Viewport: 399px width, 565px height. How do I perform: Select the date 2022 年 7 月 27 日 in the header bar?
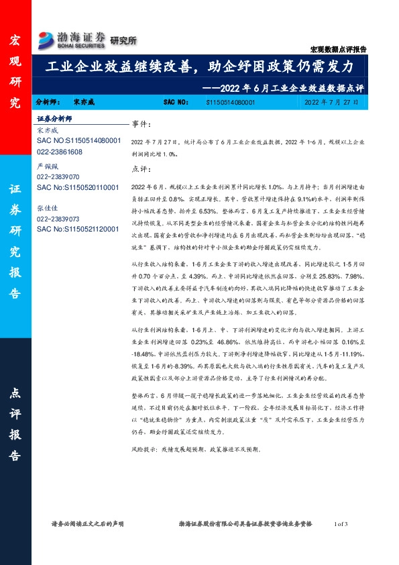[331, 103]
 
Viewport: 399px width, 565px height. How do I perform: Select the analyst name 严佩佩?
[48, 164]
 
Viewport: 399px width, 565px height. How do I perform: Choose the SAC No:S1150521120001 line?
[78, 229]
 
